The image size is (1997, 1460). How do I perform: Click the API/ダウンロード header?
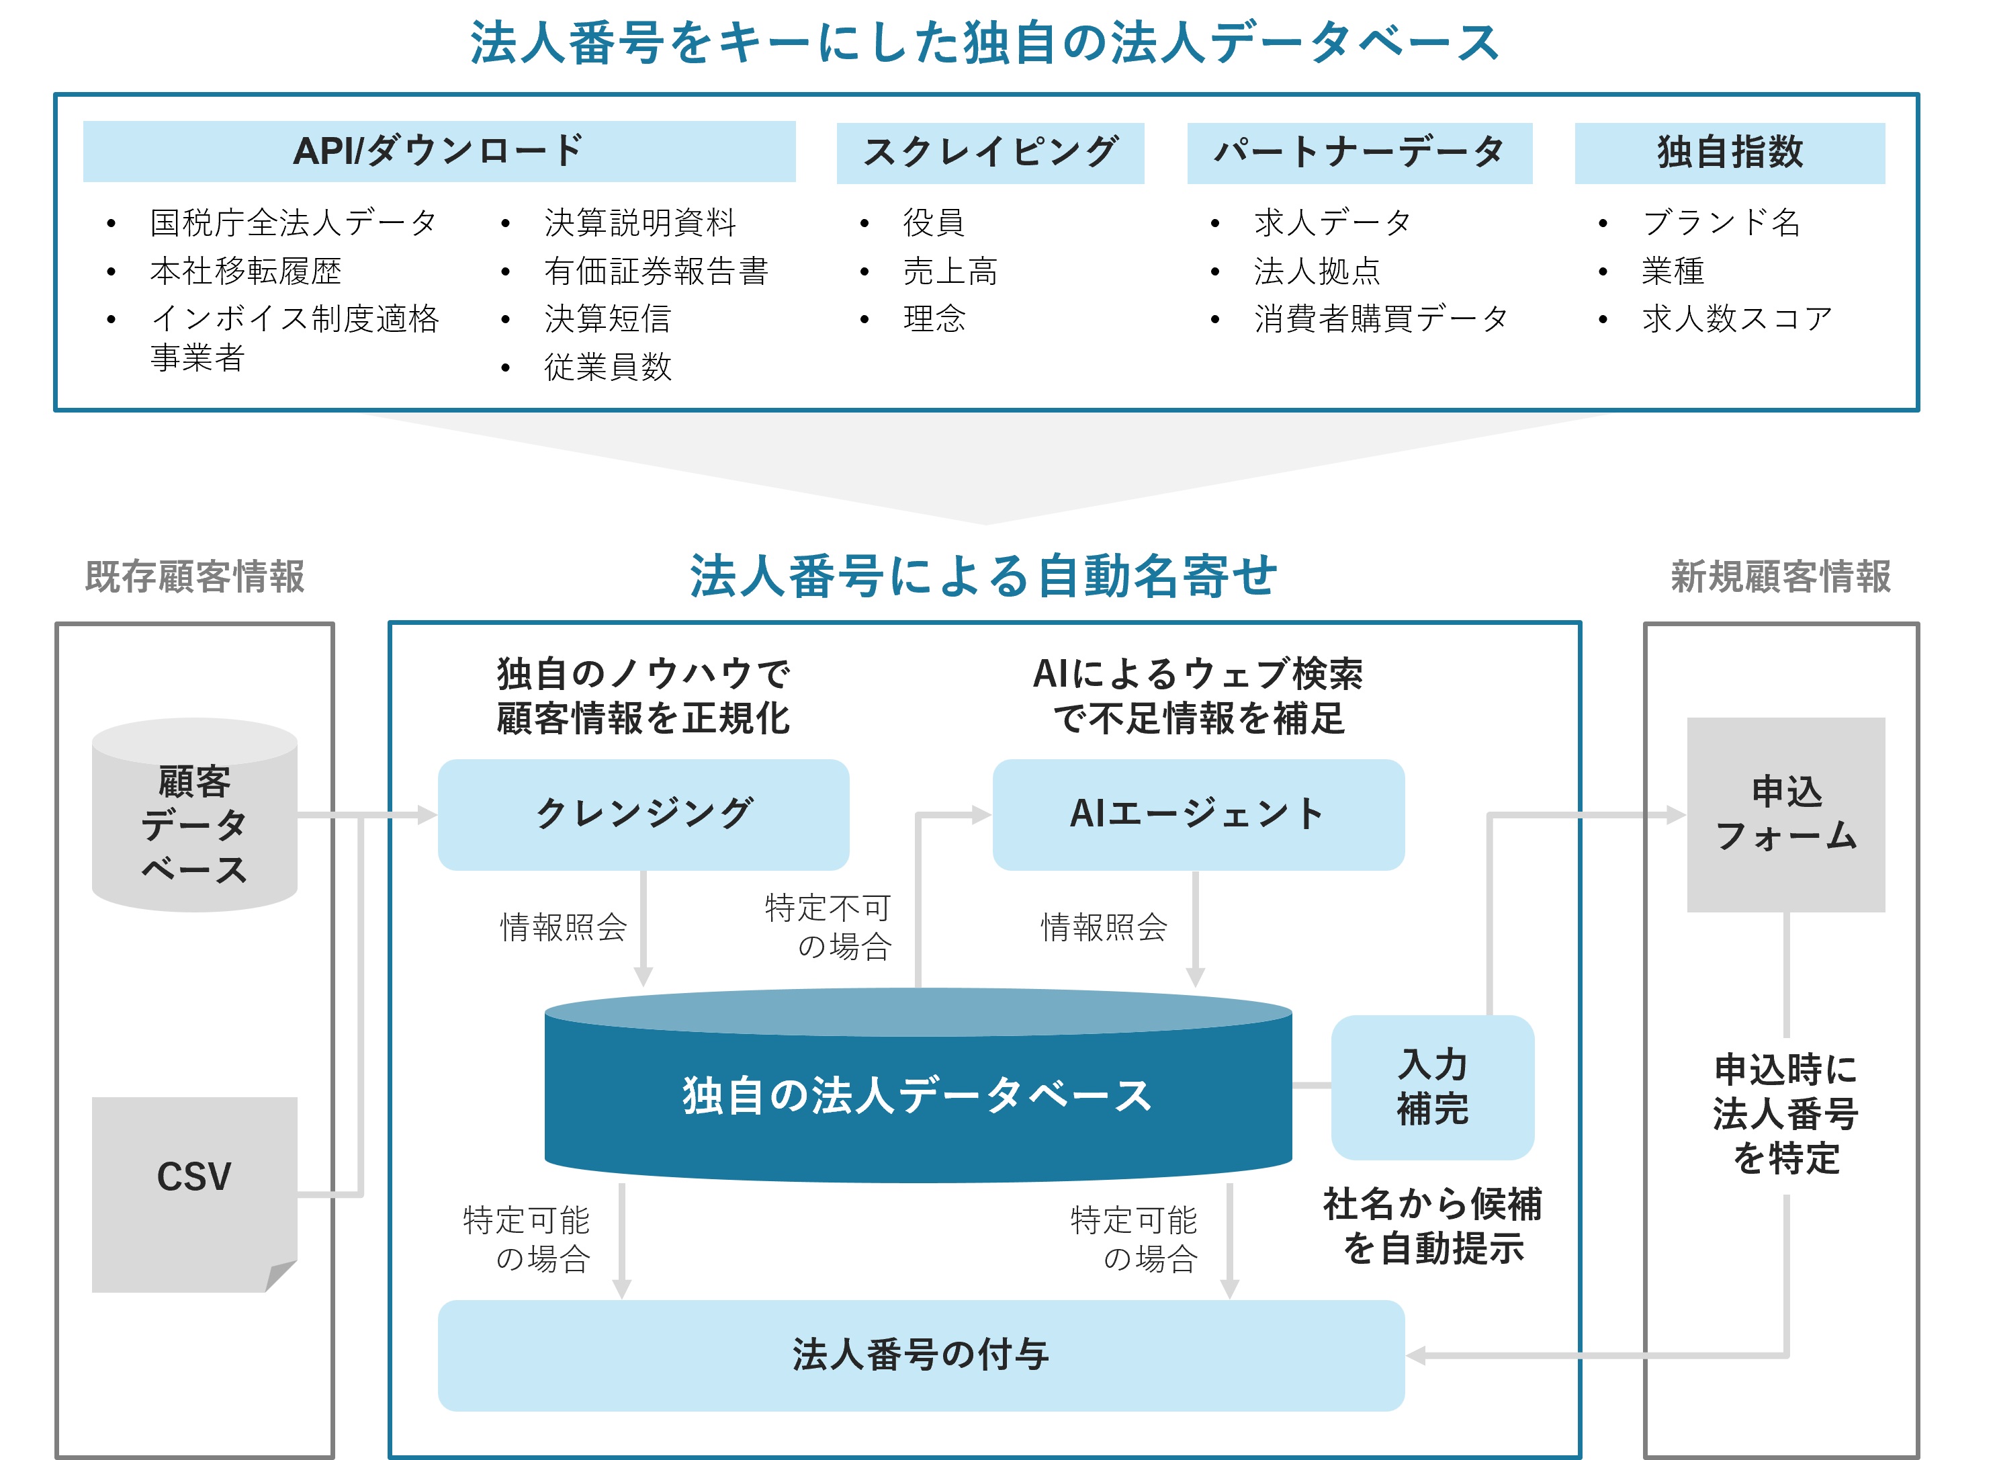439,151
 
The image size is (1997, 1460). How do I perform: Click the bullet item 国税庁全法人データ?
294,222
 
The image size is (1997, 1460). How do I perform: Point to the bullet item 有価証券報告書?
656,271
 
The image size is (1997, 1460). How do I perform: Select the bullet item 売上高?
950,271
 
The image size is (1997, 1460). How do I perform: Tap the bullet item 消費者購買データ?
1381,319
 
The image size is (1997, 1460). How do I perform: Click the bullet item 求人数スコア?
1737,319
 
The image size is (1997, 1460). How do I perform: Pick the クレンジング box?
644,814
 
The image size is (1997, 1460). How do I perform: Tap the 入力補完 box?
1432,1087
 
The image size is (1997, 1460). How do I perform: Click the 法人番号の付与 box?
921,1355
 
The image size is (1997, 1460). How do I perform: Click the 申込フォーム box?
1786,814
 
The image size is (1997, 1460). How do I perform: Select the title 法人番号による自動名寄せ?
983,576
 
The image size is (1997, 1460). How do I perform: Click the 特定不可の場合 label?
828,927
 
